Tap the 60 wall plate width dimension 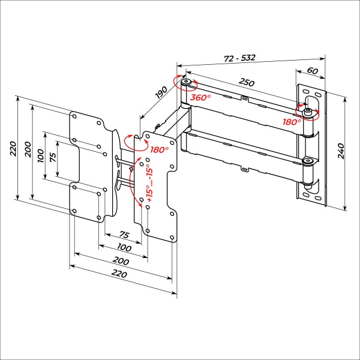313,70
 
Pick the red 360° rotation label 200,97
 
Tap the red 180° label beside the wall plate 292,121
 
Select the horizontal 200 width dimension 121,262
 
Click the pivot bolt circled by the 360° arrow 187,82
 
